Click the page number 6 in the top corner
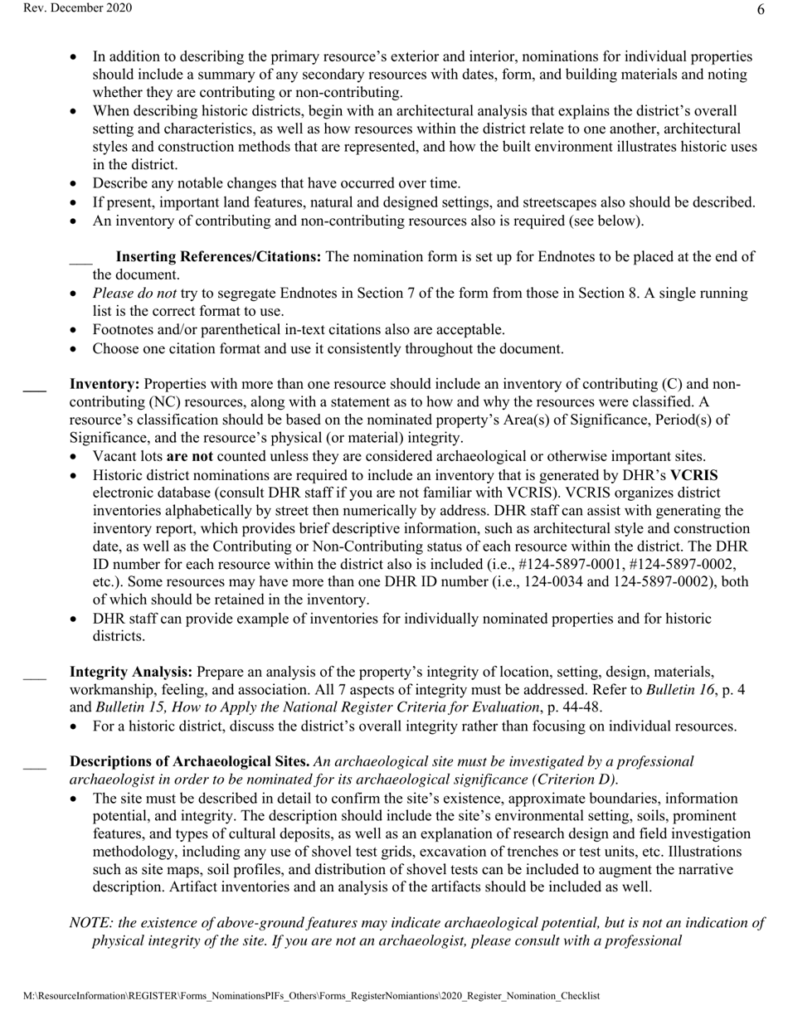pos(761,10)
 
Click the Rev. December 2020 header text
pos(66,8)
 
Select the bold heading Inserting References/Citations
pos(218,257)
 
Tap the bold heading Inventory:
pos(105,385)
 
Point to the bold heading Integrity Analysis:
pos(131,672)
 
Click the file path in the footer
pos(310,997)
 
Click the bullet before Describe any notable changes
pos(75,184)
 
